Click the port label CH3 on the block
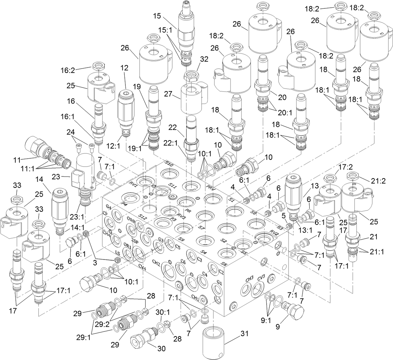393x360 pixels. (249, 279)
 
